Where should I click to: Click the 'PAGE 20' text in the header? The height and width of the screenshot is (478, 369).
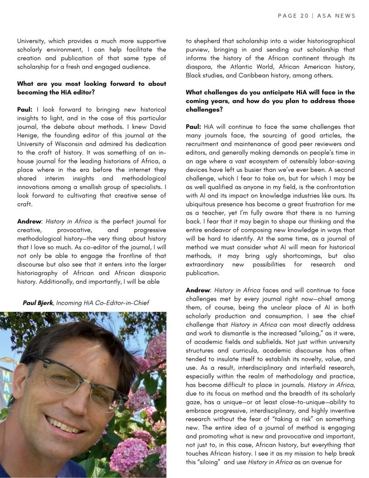(x=293, y=16)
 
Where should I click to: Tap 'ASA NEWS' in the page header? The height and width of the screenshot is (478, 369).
(x=338, y=16)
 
